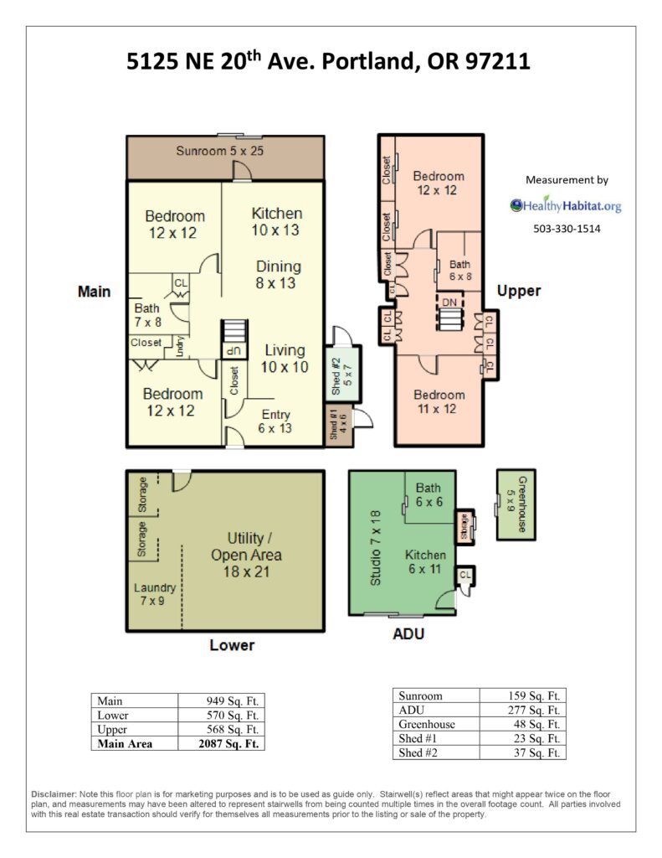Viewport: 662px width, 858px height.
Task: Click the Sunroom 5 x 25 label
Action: click(219, 151)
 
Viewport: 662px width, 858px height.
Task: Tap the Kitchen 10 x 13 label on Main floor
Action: click(276, 221)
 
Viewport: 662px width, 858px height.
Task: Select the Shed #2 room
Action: click(343, 375)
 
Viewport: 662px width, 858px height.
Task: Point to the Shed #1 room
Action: click(338, 426)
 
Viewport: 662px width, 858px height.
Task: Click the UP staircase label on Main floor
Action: click(233, 351)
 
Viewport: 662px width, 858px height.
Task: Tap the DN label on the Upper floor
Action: click(449, 302)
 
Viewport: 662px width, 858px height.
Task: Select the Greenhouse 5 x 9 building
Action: click(516, 504)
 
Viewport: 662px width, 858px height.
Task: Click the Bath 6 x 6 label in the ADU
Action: click(429, 494)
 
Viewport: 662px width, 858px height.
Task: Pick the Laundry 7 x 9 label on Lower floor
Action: click(154, 594)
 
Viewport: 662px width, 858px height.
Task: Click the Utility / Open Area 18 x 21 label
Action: click(246, 555)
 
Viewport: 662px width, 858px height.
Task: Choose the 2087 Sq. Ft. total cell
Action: click(228, 744)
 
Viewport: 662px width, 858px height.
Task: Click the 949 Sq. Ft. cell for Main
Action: click(233, 701)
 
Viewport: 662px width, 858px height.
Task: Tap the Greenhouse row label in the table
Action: click(426, 724)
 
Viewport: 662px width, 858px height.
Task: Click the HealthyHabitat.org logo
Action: click(566, 205)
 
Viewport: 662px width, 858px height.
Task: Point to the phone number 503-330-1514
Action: click(567, 229)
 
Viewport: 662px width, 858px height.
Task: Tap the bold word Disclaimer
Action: click(54, 794)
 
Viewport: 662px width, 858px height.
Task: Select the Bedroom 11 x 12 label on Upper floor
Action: click(439, 401)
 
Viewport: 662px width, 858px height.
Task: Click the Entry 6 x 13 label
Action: click(275, 421)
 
